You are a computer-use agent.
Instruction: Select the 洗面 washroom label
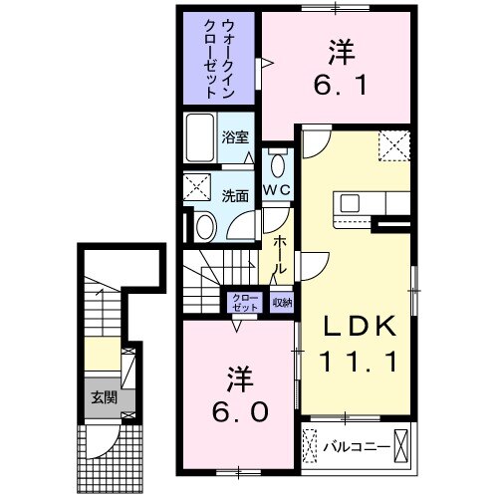click(x=235, y=195)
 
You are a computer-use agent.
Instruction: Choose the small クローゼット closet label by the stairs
click(x=245, y=302)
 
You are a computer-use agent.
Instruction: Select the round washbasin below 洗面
click(x=203, y=228)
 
